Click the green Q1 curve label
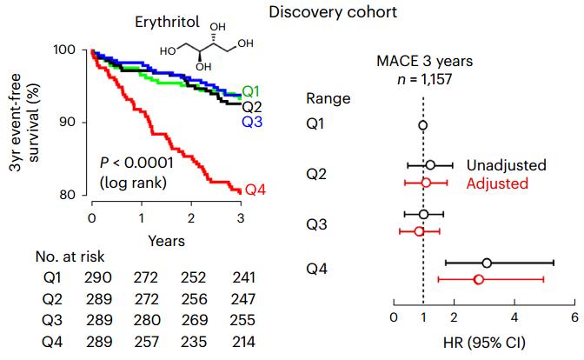[x=251, y=91]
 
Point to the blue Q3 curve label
[x=251, y=122]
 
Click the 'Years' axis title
[x=165, y=238]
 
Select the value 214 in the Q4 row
[x=239, y=338]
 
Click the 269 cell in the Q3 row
[x=190, y=318]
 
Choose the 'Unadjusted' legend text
[x=506, y=165]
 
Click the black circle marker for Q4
[x=487, y=262]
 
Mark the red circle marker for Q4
[x=478, y=279]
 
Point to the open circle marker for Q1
[x=423, y=125]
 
